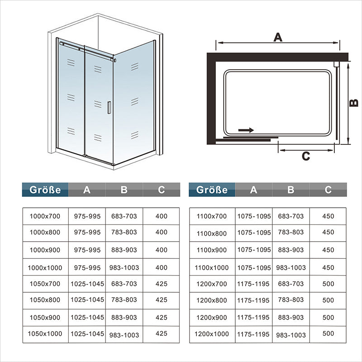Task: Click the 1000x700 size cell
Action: (x=45, y=216)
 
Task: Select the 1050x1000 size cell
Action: (x=45, y=334)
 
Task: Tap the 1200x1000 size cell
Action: (x=212, y=334)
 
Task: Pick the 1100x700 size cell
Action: (x=212, y=216)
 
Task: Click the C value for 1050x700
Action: (x=161, y=284)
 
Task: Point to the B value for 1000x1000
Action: (x=124, y=267)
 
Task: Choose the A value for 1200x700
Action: (x=253, y=284)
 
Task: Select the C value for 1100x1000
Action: (x=328, y=267)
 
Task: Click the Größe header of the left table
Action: (x=45, y=190)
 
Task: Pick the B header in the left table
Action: (x=124, y=190)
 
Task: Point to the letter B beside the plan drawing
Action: (x=354, y=103)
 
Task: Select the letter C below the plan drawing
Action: (x=306, y=157)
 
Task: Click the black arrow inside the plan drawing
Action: (x=246, y=130)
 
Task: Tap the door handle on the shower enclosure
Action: (x=109, y=107)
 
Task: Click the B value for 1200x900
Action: (x=291, y=318)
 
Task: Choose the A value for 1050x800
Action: (x=87, y=300)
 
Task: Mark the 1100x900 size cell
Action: (x=212, y=250)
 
